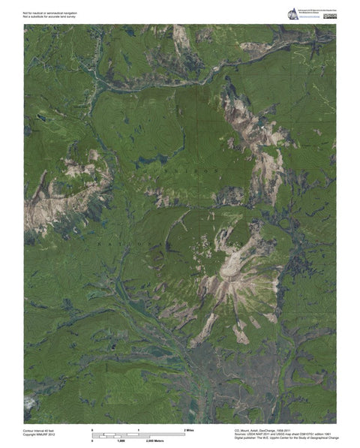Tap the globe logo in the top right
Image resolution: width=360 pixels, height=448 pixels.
click(x=292, y=14)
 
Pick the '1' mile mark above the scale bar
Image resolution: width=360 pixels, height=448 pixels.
click(x=139, y=429)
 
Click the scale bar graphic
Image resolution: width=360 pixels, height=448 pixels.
click(x=138, y=434)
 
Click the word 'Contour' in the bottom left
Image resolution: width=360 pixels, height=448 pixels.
click(x=29, y=430)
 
